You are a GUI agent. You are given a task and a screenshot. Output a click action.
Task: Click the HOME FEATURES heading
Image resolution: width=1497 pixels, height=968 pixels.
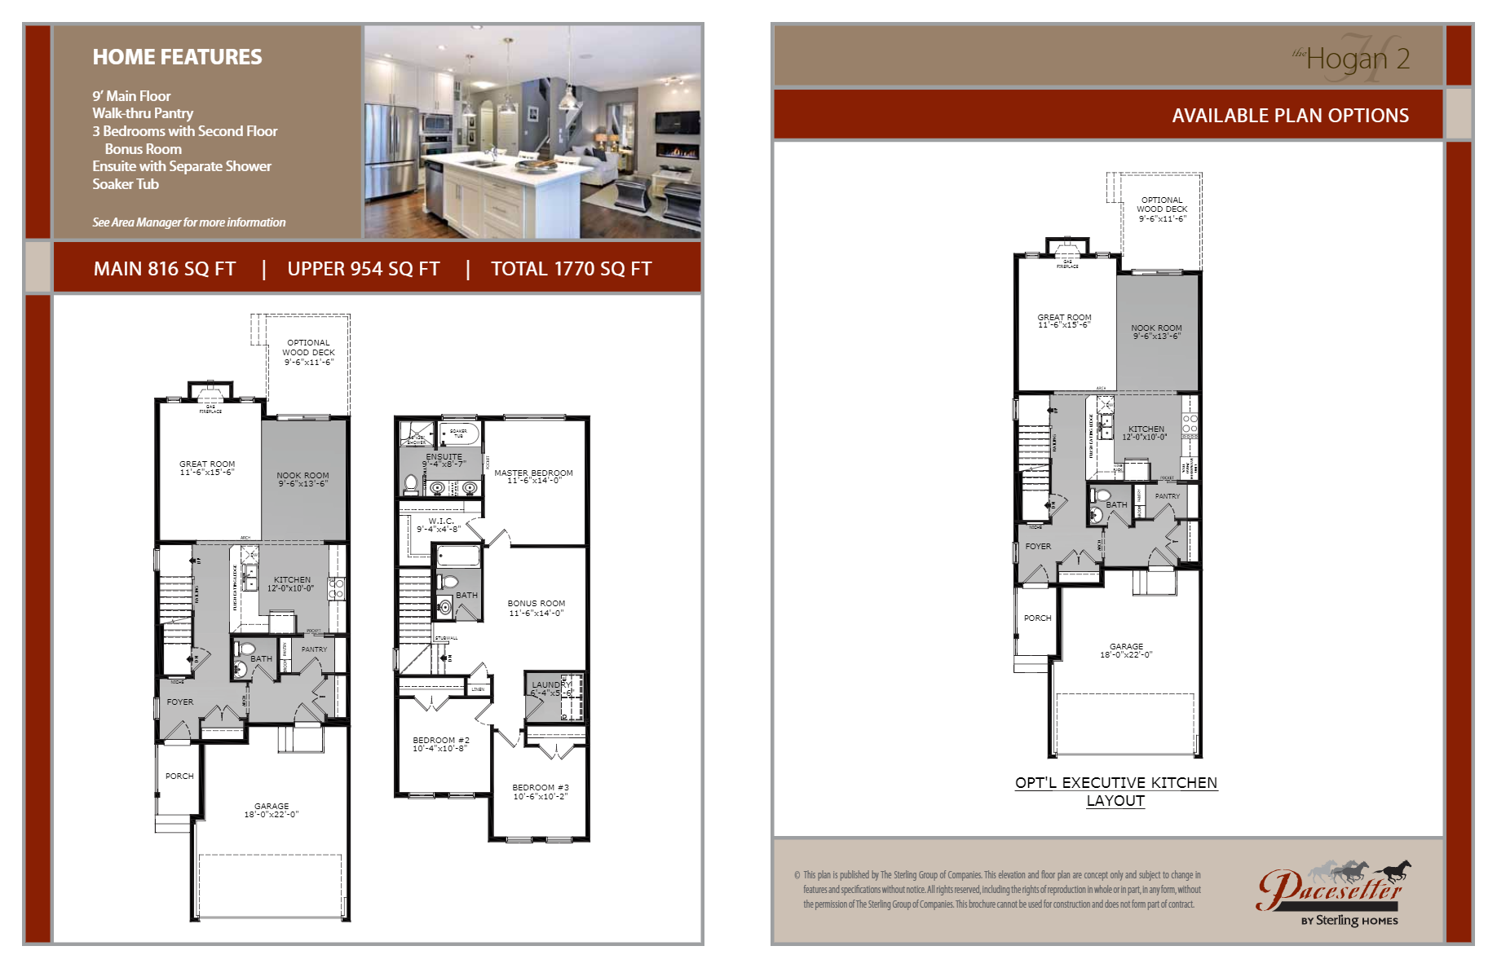tap(177, 57)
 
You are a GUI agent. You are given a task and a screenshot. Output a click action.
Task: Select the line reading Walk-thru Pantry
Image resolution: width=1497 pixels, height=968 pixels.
tap(143, 113)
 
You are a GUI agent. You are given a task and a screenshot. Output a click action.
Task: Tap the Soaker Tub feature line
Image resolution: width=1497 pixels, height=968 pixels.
tap(126, 184)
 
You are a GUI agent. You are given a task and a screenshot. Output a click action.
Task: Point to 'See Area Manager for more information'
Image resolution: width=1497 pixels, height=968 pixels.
tap(188, 222)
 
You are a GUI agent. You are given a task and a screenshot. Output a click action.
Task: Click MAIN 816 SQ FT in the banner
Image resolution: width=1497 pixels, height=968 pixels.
tap(165, 269)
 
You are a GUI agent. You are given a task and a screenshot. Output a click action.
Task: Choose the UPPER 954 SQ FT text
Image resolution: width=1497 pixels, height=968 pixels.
tap(364, 269)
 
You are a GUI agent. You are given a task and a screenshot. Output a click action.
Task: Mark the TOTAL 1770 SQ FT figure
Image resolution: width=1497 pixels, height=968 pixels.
tap(571, 269)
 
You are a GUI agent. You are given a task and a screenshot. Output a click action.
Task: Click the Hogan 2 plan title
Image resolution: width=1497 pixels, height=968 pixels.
tap(1357, 59)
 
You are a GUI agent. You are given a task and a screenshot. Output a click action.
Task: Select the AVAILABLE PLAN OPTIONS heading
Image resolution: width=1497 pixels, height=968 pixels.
tap(1290, 116)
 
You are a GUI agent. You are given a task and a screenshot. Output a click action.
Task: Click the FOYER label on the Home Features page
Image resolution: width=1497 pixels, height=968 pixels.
tap(180, 702)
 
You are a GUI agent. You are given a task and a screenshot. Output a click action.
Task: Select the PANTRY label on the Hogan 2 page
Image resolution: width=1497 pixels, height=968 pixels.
tap(1167, 495)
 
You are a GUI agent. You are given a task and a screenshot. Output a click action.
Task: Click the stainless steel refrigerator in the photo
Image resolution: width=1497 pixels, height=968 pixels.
tap(391, 151)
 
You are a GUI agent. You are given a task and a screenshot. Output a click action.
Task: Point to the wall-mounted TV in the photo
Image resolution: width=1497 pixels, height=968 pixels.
tap(677, 123)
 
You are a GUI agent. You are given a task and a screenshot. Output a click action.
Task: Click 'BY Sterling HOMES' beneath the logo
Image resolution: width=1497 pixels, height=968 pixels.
tap(1349, 921)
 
